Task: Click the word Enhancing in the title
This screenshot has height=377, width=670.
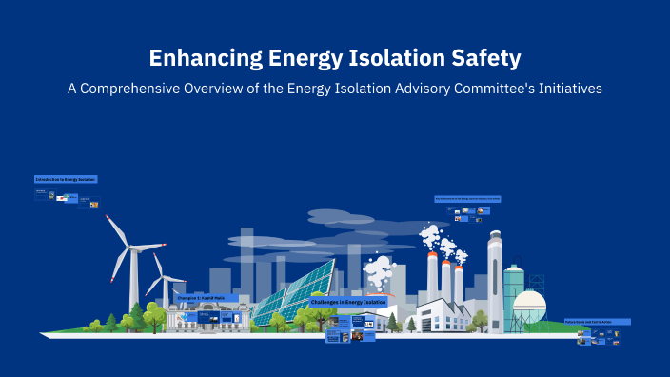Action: [x=199, y=58]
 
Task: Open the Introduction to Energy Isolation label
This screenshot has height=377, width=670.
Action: [x=66, y=179]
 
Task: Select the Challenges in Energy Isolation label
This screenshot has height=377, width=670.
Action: [x=348, y=302]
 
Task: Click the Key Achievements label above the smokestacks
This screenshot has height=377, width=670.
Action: [x=467, y=199]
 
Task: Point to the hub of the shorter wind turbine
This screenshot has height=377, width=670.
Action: [x=165, y=279]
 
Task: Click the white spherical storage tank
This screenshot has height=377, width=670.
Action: [x=529, y=307]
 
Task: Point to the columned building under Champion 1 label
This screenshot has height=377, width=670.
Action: [x=197, y=316]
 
